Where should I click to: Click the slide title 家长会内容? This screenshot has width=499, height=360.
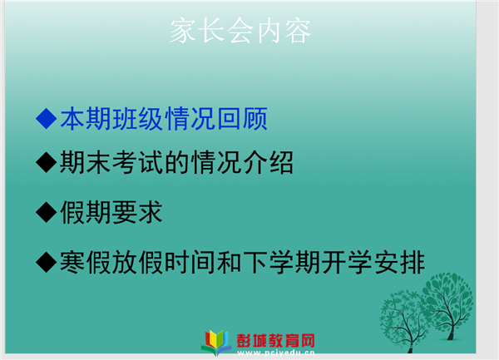point(240,31)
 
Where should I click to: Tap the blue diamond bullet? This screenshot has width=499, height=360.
point(47,118)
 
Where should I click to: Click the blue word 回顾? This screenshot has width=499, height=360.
point(242,119)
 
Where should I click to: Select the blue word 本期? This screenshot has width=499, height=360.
point(86,119)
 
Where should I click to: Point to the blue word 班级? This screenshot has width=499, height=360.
point(138,119)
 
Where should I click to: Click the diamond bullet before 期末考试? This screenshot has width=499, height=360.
point(47,162)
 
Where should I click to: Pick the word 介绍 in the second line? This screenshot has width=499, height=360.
point(268,162)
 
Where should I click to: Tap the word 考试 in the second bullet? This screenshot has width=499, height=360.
point(138,162)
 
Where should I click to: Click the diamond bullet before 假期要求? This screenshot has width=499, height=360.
point(47,212)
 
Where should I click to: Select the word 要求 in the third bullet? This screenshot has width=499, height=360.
point(137,212)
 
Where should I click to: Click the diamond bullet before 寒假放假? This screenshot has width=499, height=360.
point(47,262)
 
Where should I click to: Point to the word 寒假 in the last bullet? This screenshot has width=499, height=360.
point(86,263)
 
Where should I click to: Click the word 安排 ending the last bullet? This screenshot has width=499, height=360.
point(400,263)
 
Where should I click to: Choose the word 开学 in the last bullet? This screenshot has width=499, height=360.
point(347,263)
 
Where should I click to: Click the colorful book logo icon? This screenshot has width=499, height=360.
point(217,343)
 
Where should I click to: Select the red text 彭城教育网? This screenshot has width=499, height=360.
point(275,341)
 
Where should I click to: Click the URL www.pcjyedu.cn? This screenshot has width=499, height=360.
point(276,353)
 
